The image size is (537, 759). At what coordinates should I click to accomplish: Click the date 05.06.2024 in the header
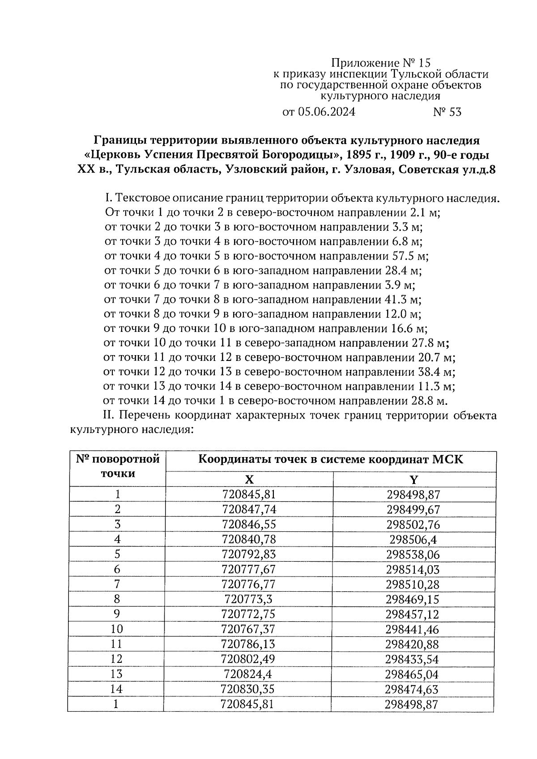[326, 112]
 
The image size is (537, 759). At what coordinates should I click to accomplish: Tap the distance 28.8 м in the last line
[429, 400]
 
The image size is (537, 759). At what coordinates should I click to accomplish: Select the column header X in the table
[249, 479]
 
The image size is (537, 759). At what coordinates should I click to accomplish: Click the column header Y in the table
[414, 479]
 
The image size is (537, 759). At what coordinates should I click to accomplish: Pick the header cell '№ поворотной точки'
[117, 466]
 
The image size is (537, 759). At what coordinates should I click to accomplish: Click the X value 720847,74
[249, 509]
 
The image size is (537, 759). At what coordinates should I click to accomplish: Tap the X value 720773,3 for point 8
[249, 599]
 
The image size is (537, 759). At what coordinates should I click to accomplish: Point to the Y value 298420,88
[413, 644]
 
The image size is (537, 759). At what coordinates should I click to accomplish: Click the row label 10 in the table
[117, 629]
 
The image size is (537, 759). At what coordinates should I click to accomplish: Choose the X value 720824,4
[249, 674]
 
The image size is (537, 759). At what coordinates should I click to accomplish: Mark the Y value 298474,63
[413, 689]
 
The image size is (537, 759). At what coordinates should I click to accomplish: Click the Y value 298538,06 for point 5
[413, 555]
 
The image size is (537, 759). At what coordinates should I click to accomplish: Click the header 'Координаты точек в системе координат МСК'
[331, 459]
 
